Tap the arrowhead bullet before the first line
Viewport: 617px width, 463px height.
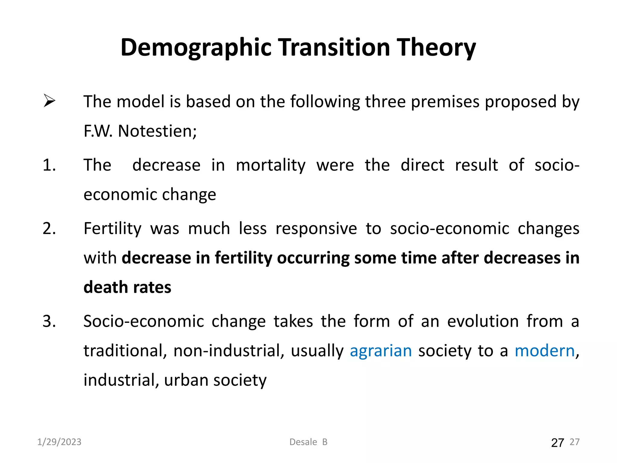49,101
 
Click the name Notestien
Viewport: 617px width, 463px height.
157,131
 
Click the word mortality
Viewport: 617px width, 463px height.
271,165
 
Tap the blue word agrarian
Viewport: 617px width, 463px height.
381,351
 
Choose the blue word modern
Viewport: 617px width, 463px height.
545,351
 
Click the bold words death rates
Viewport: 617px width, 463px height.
127,287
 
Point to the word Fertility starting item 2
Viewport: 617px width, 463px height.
112,228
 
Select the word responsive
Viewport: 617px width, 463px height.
316,228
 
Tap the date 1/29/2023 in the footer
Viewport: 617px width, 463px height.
59,442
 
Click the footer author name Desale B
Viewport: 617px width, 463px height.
308,442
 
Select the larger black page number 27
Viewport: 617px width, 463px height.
557,443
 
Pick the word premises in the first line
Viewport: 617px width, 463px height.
445,102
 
